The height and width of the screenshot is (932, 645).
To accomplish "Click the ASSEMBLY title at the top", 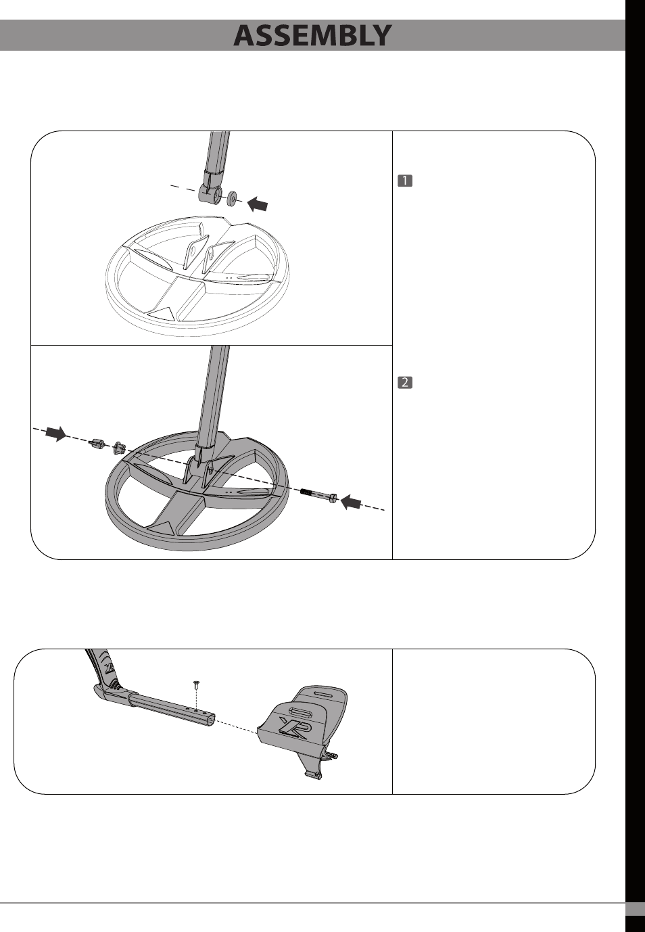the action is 312,35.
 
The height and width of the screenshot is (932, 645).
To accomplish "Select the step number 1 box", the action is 405,181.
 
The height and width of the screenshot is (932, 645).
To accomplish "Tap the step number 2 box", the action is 405,382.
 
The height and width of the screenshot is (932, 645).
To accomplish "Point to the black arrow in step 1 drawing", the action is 258,203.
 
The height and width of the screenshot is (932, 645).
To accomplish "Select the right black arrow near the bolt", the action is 351,502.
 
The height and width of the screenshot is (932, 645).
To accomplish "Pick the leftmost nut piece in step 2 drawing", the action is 97,444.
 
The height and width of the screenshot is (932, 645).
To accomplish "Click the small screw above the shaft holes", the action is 195,684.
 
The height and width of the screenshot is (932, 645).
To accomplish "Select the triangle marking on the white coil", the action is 162,312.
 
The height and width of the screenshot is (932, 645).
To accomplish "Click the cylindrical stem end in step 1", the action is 211,195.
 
